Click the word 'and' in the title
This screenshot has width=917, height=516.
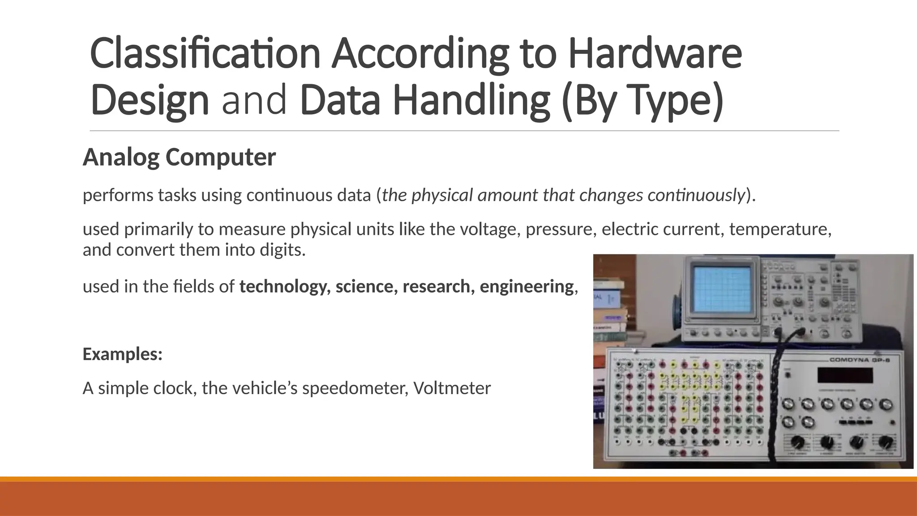coord(254,100)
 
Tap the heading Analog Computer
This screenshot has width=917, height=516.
coord(179,157)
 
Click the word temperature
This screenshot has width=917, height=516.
coord(780,229)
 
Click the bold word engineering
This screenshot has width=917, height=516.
coord(527,287)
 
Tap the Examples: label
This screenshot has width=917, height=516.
coord(122,354)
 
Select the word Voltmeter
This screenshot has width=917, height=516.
coord(452,388)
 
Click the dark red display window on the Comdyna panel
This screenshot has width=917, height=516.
coord(844,375)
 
